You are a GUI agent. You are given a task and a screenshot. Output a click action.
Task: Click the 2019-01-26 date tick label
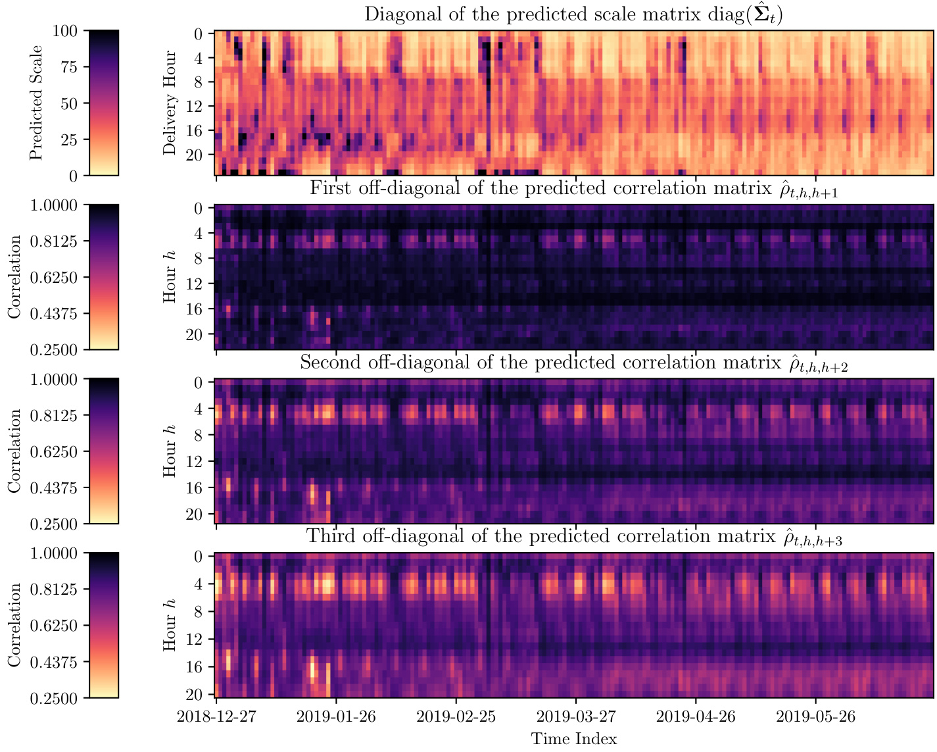point(336,716)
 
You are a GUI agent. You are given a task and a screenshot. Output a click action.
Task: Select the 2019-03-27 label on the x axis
point(576,716)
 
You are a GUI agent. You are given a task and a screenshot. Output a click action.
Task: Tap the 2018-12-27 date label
point(216,716)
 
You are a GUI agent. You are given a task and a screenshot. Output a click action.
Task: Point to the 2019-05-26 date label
point(816,716)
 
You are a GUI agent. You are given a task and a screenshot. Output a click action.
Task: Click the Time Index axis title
point(574,739)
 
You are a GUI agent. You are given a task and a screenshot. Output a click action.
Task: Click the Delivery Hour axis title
point(170,103)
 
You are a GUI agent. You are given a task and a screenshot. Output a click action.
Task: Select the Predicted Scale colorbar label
point(36,103)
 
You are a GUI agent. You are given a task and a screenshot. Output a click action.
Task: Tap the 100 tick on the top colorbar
point(68,31)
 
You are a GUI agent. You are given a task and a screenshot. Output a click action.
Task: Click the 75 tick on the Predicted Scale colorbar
point(71,67)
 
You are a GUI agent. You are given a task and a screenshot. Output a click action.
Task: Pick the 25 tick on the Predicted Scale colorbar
point(71,139)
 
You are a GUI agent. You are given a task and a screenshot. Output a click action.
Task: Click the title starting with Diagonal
point(573,14)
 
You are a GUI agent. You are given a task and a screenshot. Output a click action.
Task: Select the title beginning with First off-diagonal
point(573,189)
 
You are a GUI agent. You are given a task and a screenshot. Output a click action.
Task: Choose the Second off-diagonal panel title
point(573,363)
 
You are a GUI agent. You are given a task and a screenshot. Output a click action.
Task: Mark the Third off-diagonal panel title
point(573,538)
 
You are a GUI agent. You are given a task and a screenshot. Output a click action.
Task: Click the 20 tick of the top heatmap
point(199,155)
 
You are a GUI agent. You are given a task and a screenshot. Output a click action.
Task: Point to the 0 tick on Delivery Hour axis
point(203,34)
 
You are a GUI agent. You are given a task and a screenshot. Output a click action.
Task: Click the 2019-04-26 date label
point(696,716)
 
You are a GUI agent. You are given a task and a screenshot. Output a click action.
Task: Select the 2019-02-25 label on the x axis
point(456,716)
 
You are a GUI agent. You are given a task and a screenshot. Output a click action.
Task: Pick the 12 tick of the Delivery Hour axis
point(199,107)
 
